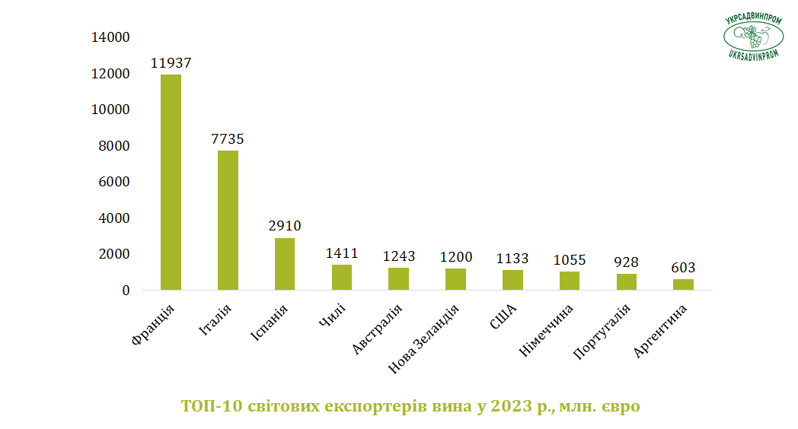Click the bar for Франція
(171, 183)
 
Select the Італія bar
(228, 220)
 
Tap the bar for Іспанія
(285, 264)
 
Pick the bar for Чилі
(341, 278)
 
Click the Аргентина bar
(683, 284)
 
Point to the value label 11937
(171, 63)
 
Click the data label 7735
(228, 138)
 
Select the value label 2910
(285, 226)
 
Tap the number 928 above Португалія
(626, 262)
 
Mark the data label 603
(683, 267)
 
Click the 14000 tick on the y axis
(110, 37)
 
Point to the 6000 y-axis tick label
(114, 182)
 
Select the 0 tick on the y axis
(126, 291)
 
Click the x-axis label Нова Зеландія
(423, 339)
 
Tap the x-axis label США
(503, 316)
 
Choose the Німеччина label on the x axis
(545, 330)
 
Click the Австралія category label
(377, 329)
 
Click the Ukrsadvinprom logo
(753, 37)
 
